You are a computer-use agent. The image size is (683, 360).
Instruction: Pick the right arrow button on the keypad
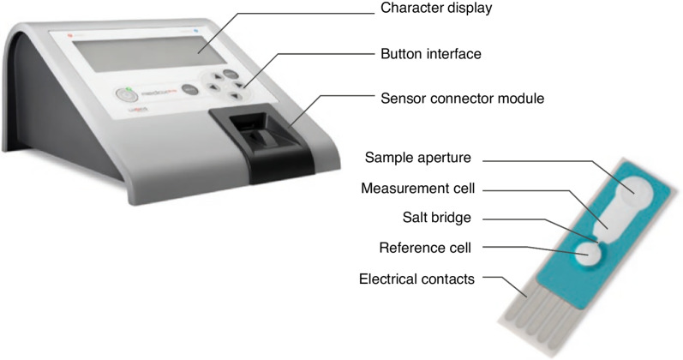tap(239, 86)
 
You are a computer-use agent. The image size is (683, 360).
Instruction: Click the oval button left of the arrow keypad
tap(189, 88)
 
